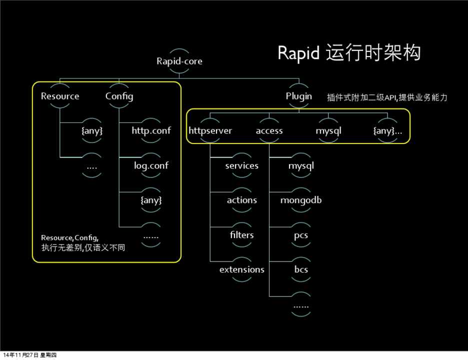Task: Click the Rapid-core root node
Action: pos(179,61)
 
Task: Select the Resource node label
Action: pos(60,96)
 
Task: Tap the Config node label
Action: pos(119,96)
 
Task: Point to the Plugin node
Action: pos(299,96)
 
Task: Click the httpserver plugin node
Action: pos(210,131)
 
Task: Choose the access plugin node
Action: pos(269,131)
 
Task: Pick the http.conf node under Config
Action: pos(151,130)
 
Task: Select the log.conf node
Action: pos(151,165)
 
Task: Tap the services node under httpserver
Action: pos(241,165)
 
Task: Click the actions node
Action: pos(241,200)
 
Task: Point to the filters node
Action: pos(241,235)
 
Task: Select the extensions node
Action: pos(241,269)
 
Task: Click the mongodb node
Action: pos(300,200)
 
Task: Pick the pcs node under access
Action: pos(300,235)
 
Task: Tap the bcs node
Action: pos(300,269)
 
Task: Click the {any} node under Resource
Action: pos(92,131)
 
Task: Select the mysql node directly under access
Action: pos(300,165)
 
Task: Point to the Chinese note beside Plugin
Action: pos(386,97)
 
